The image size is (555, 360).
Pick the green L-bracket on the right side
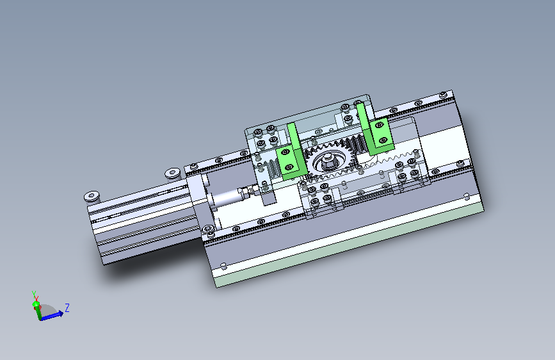[x=374, y=131]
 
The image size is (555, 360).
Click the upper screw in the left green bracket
[x=286, y=152]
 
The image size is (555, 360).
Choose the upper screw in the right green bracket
[x=379, y=125]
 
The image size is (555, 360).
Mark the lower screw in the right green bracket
[x=383, y=140]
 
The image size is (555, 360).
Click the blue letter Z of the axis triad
[x=67, y=307]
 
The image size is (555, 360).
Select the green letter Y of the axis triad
[x=34, y=294]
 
